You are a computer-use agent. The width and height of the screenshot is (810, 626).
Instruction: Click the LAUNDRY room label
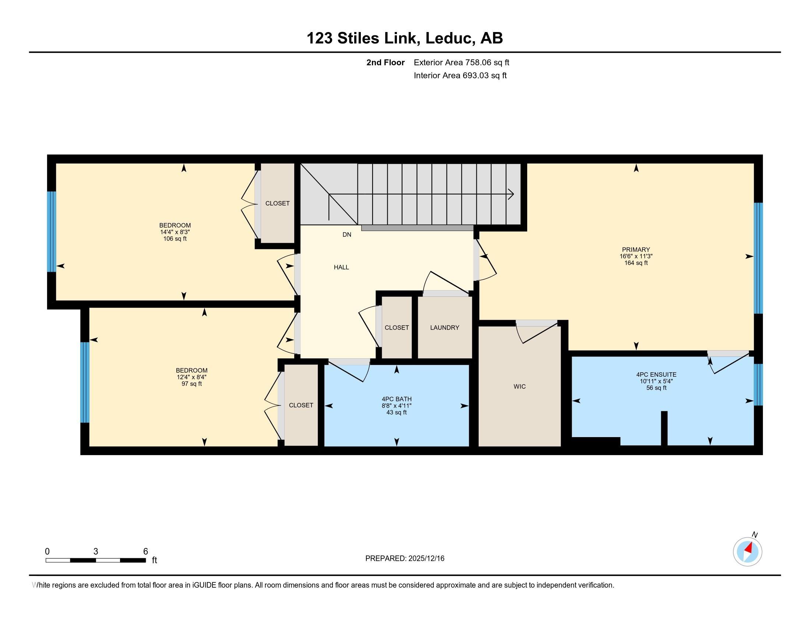[x=444, y=327]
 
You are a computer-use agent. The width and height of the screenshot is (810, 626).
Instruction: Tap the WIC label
[x=519, y=386]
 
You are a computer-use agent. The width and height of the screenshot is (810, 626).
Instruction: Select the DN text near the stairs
[x=346, y=234]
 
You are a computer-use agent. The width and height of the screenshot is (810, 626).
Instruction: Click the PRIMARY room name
[x=636, y=250]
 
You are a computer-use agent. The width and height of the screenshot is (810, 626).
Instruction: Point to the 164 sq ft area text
[x=636, y=263]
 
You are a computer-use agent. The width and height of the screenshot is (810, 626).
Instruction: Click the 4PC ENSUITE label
[x=656, y=374]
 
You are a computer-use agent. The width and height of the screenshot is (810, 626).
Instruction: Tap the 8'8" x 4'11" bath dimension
[x=397, y=406]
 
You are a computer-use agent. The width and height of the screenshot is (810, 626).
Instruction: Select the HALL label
[x=341, y=267]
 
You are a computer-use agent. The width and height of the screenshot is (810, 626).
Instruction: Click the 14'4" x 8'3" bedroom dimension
[x=175, y=232]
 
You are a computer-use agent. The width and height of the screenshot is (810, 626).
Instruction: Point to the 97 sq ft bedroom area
[x=191, y=383]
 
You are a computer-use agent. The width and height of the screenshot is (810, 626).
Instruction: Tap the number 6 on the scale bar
[x=146, y=551]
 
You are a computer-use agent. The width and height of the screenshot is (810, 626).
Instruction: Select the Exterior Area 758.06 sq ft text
[x=461, y=62]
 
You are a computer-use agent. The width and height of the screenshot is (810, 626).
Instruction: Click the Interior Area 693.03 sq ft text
[x=460, y=75]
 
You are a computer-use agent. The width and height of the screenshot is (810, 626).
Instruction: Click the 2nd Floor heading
[x=385, y=62]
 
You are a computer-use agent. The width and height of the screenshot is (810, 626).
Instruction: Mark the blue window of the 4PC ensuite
[x=758, y=384]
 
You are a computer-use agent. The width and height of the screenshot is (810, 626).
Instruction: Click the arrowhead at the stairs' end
[x=512, y=194]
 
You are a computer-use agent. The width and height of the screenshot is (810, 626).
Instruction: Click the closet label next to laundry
[x=397, y=327]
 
